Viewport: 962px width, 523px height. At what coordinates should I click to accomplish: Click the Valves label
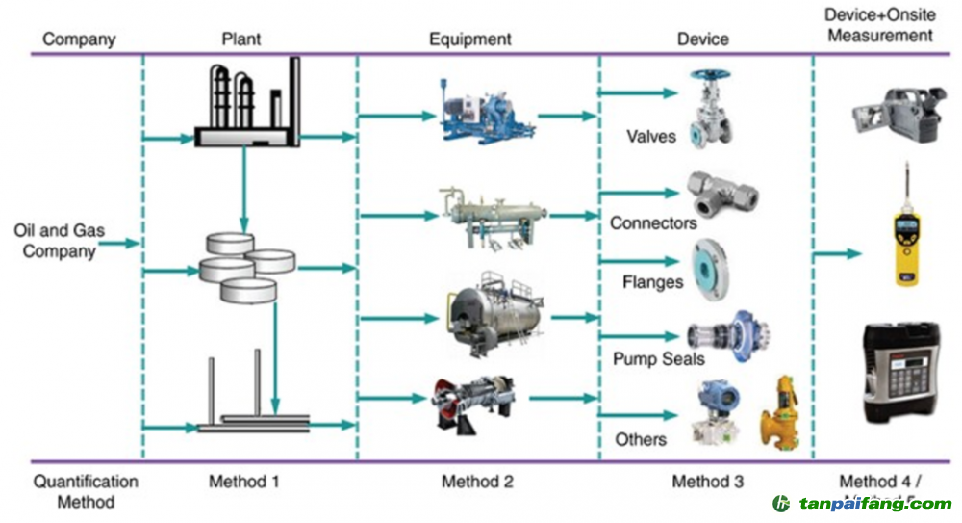[651, 136]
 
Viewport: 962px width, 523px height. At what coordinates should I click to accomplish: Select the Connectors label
[653, 223]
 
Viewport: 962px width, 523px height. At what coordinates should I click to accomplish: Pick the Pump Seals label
[659, 359]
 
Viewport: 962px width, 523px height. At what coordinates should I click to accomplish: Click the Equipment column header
[470, 39]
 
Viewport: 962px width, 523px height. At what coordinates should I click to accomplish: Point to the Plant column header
[240, 39]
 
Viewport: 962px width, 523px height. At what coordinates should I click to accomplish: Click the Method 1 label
[244, 481]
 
